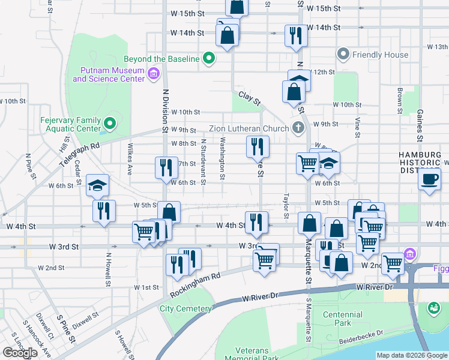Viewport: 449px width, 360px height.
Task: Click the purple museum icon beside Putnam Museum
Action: [153, 74]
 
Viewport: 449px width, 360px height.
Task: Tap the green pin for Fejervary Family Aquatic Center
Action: [109, 124]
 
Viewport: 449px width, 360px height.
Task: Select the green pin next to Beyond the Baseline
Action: [209, 58]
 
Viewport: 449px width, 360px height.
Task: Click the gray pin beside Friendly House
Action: [343, 55]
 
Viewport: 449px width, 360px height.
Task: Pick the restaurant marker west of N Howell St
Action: [104, 210]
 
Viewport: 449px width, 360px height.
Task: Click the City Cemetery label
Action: [185, 309]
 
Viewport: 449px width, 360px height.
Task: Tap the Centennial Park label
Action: [342, 319]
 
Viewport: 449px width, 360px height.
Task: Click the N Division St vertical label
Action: [164, 110]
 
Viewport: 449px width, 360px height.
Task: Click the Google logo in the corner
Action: [20, 353]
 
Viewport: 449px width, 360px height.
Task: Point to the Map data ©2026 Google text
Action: [412, 355]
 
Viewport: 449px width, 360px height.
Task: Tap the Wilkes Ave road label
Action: [130, 158]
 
